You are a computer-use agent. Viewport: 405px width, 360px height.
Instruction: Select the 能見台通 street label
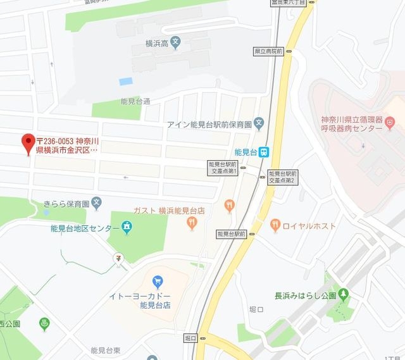[135, 101]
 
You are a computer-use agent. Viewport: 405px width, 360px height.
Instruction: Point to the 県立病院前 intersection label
[268, 51]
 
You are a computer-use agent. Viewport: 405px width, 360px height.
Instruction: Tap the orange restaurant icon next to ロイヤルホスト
[275, 224]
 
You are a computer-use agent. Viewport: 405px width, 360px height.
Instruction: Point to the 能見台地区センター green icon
[127, 227]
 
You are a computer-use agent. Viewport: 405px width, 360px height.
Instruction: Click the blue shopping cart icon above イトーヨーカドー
[158, 280]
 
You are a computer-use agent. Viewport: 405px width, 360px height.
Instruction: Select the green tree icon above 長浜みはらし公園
[343, 294]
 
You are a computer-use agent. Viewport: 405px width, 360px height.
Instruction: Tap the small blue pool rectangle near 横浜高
[126, 82]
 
